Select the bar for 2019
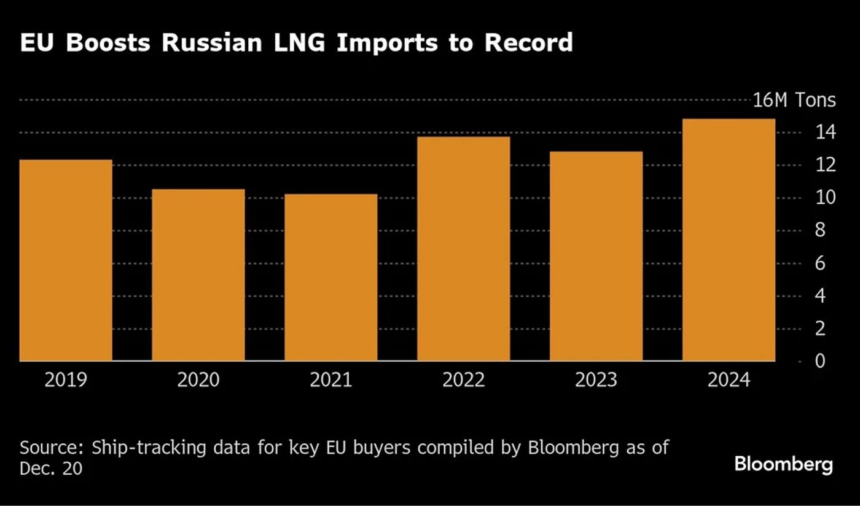[66, 260]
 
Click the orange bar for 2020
[198, 275]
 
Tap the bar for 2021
[331, 278]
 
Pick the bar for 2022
[464, 249]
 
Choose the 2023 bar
[596, 256]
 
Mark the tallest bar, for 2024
[729, 240]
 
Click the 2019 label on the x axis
[66, 380]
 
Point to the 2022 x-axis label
[464, 380]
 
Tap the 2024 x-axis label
[729, 380]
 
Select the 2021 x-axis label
[331, 380]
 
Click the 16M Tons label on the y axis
[794, 100]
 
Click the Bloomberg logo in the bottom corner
[784, 464]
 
